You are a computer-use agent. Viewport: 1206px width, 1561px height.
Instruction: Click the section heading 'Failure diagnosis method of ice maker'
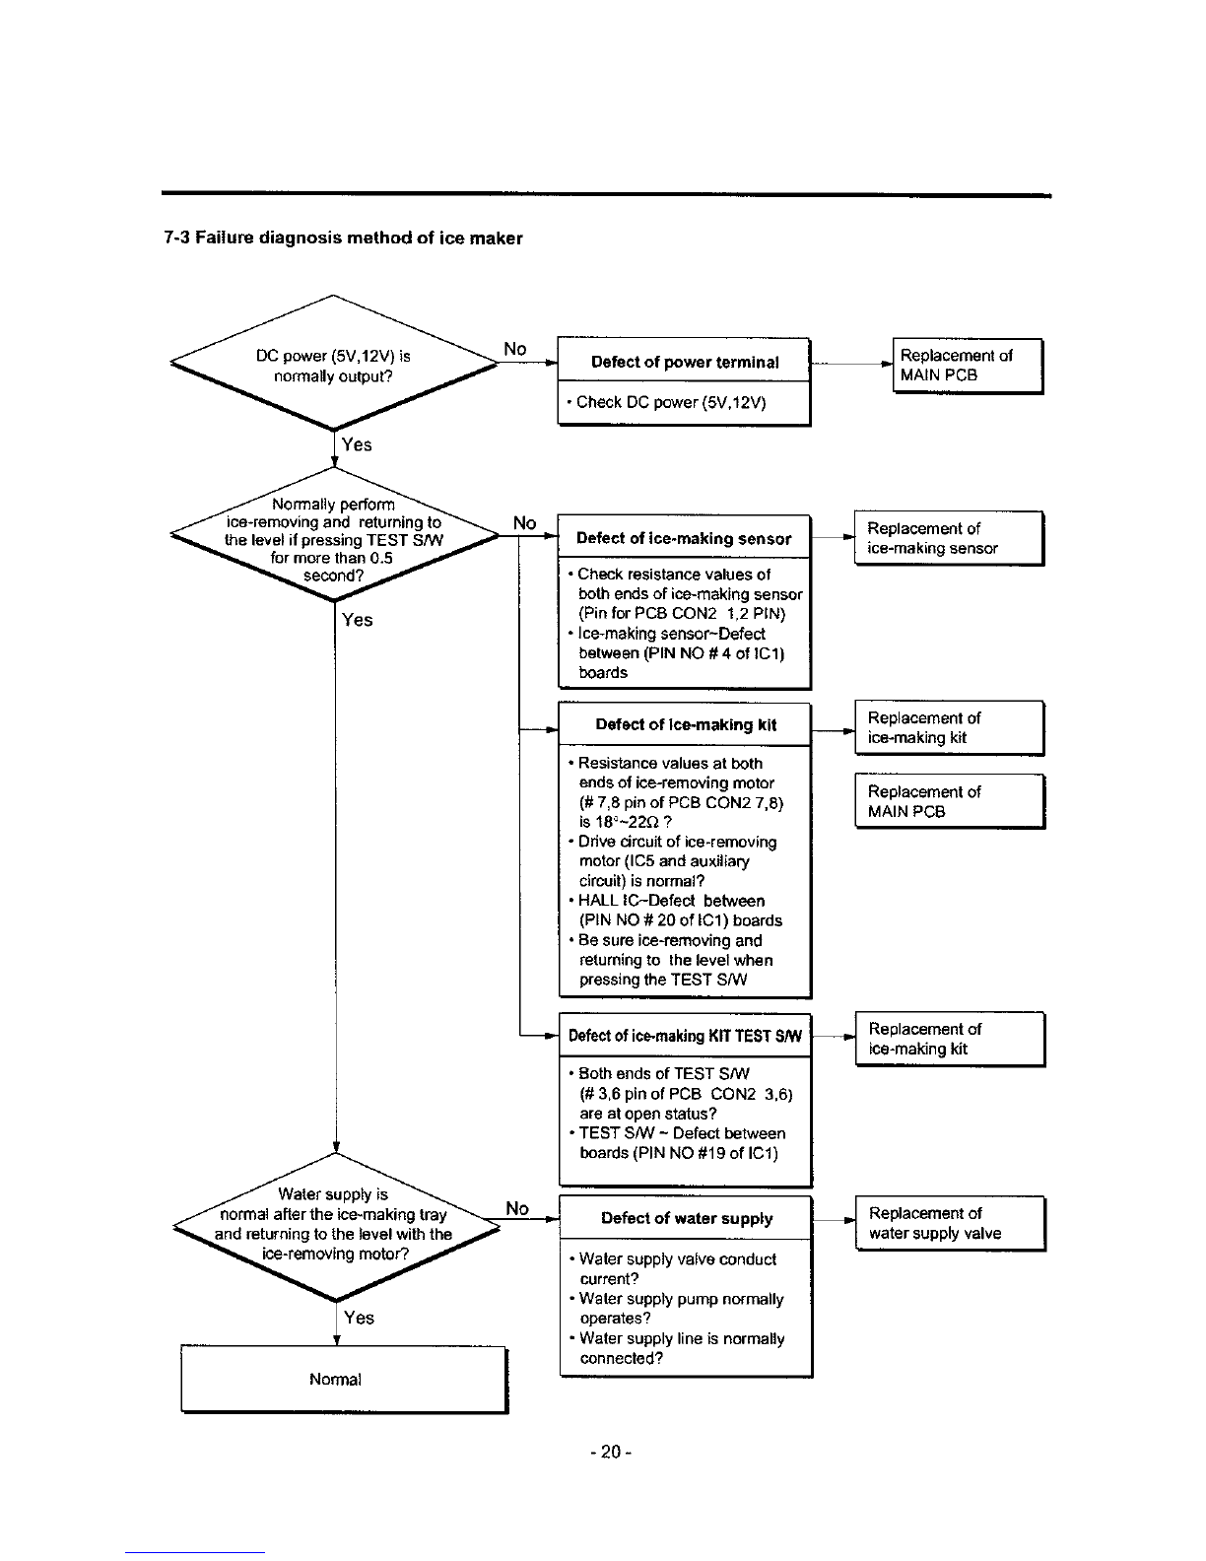[359, 238]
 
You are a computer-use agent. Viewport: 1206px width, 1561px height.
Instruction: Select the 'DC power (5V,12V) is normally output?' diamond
[333, 363]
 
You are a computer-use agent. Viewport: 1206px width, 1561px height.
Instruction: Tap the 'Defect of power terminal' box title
[685, 362]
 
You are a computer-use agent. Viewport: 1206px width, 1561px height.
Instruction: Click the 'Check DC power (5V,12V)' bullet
[667, 402]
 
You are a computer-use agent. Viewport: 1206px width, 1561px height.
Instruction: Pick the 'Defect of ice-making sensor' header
[684, 538]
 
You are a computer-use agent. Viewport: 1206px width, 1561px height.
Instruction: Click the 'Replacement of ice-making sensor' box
[949, 538]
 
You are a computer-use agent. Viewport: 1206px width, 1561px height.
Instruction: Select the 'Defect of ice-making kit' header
[685, 725]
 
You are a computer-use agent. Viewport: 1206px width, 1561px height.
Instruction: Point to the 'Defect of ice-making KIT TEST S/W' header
[685, 1035]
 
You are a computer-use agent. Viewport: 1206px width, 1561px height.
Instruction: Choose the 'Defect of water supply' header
[686, 1218]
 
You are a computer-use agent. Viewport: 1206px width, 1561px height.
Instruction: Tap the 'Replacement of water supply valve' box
[950, 1223]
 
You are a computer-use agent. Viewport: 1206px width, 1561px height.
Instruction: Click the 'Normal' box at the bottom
[344, 1379]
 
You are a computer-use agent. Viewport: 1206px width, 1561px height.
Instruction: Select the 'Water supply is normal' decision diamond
[336, 1227]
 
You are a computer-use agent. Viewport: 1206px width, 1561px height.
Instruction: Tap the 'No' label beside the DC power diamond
[515, 349]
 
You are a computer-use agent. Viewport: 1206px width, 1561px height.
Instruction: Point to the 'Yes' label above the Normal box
[359, 1318]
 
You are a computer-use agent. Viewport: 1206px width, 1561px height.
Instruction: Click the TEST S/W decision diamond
[334, 534]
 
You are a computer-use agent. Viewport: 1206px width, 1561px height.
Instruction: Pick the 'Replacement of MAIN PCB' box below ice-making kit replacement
[950, 801]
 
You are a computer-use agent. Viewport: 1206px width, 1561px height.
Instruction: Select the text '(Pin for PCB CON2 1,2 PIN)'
[682, 614]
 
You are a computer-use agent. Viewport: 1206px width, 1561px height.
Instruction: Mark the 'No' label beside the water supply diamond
[517, 1208]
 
